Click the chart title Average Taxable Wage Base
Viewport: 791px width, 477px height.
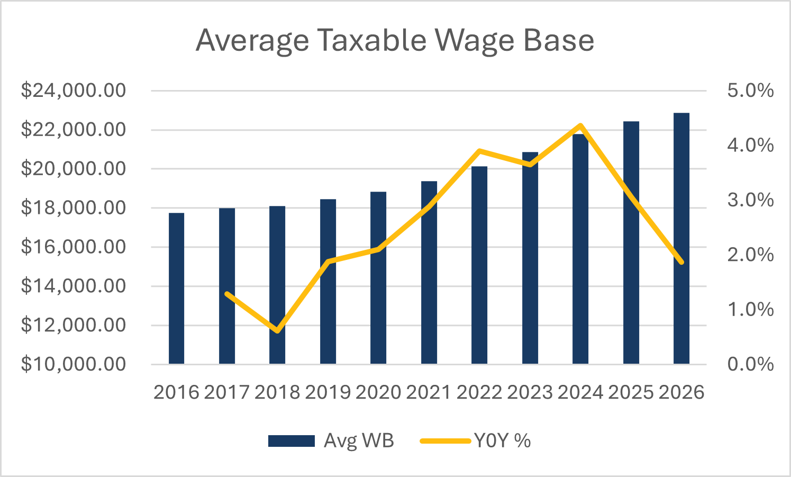(x=395, y=40)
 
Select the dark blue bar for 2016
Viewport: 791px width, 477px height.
(x=176, y=289)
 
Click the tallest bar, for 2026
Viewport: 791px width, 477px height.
(x=681, y=238)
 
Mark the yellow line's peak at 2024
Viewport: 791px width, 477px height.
(x=580, y=126)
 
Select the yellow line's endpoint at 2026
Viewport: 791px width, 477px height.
(x=681, y=262)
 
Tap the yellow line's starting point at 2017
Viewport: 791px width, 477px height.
(x=227, y=294)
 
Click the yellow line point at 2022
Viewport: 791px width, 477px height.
(x=479, y=151)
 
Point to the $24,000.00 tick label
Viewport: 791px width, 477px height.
(x=74, y=91)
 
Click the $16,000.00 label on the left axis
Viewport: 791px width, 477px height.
(x=74, y=247)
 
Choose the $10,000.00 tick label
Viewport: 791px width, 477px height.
(x=74, y=364)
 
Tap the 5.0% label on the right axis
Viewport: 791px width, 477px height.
(x=750, y=91)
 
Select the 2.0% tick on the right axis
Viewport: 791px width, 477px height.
(x=750, y=255)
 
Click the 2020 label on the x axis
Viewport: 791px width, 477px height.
(x=378, y=392)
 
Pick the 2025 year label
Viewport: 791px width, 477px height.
(x=631, y=392)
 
